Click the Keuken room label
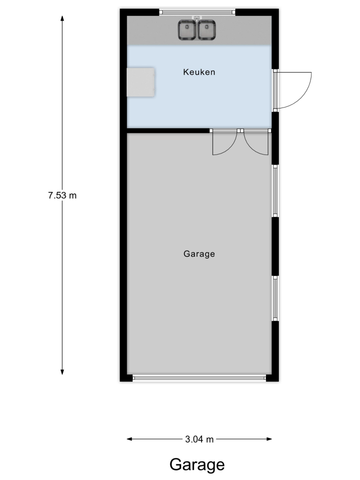pos(199,72)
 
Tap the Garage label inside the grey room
pos(199,254)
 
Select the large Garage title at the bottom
pos(197,465)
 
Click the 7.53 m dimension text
pos(62,195)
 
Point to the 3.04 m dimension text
pos(199,439)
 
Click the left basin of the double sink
pos(187,30)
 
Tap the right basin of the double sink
pos(207,30)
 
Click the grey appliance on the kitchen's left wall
pos(141,83)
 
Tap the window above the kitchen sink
pos(197,12)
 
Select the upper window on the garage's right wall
pos(275,191)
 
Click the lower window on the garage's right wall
pos(275,299)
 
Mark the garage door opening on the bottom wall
pos(199,378)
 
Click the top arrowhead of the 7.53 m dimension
pos(62,18)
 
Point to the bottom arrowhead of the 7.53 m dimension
pos(62,372)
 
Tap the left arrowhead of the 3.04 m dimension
pos(130,439)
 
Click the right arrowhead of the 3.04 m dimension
pos(269,439)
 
